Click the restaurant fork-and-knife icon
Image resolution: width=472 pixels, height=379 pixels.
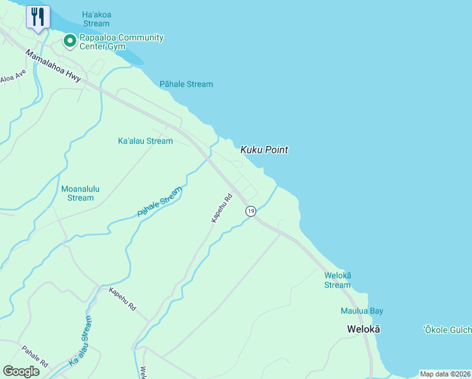tap(38, 17)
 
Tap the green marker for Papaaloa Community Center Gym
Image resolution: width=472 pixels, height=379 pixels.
tap(69, 42)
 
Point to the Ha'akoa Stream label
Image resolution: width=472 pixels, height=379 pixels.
tap(95, 19)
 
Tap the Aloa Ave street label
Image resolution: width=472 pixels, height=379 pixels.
tap(13, 79)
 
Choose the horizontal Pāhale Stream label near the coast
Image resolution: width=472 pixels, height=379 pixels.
tap(186, 84)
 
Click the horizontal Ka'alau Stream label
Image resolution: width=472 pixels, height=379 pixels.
tap(145, 141)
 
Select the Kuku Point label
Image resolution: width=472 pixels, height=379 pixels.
tap(264, 150)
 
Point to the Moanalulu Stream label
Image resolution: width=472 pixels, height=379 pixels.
tap(81, 193)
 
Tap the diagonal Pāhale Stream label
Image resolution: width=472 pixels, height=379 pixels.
tap(160, 202)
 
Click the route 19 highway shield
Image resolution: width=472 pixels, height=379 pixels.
tap(251, 212)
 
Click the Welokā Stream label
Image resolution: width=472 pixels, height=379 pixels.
tap(338, 280)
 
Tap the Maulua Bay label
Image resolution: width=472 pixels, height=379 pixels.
tap(362, 311)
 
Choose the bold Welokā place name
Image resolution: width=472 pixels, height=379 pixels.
tap(363, 329)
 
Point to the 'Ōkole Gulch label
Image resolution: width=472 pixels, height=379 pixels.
tap(447, 330)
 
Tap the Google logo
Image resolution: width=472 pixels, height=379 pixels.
tap(21, 371)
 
